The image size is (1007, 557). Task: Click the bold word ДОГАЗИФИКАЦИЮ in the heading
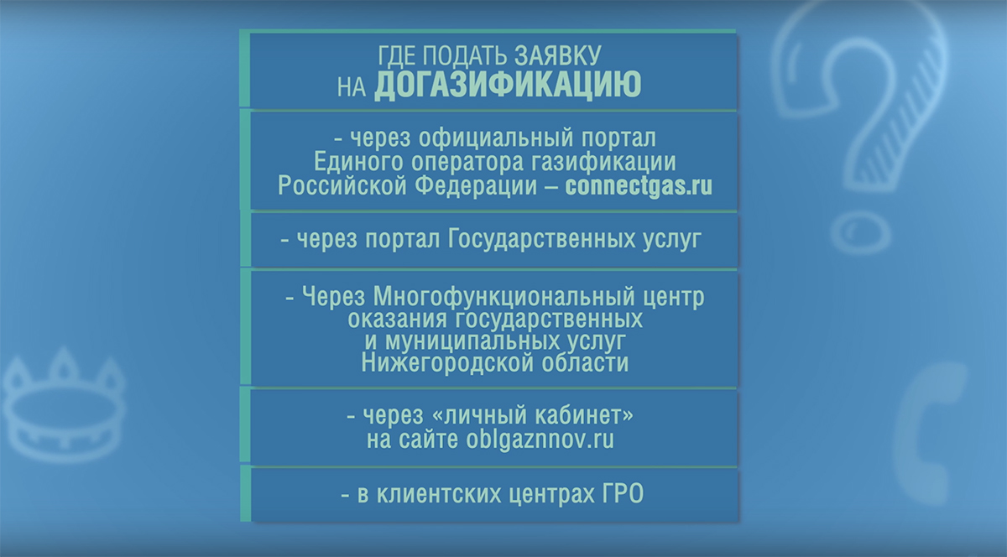[508, 85]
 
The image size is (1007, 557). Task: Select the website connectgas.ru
[639, 185]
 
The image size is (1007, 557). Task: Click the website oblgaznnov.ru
[540, 439]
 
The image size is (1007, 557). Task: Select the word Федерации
[476, 186]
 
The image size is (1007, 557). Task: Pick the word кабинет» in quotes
[584, 414]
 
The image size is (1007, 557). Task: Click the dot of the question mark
[860, 233]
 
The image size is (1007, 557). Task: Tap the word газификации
[603, 162]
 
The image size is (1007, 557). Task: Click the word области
[584, 362]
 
